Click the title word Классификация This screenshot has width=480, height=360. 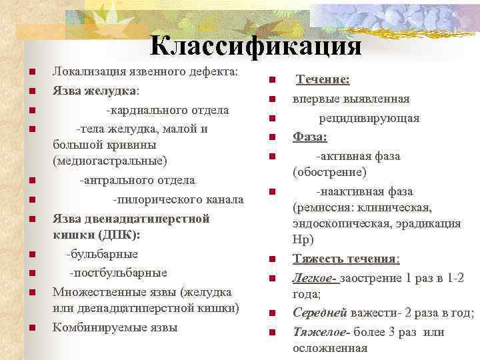click(256, 45)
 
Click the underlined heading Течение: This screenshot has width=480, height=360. click(323, 80)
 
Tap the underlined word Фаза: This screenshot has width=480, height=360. click(310, 137)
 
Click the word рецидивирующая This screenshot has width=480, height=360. click(369, 118)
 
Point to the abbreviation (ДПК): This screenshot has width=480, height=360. click(116, 235)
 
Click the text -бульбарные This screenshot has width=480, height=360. click(101, 253)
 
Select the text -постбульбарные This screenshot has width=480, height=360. click(119, 272)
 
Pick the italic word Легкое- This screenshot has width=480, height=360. click(315, 277)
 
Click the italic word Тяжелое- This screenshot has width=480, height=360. click(321, 331)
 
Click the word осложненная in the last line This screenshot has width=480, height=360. click(330, 348)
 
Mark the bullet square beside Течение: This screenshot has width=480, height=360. click(273, 81)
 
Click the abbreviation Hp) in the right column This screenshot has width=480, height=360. click(303, 239)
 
